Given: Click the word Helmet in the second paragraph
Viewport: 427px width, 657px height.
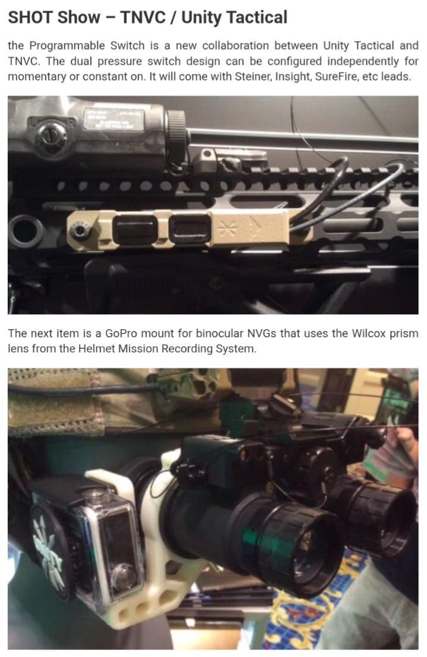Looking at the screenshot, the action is (x=93, y=349).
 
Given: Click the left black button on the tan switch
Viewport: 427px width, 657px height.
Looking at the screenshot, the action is (x=135, y=230).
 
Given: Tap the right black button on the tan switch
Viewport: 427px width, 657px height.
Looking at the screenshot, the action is (x=190, y=229).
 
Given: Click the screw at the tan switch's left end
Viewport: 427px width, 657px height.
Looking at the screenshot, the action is (x=80, y=230).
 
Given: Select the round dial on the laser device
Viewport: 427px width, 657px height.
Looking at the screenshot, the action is (x=51, y=134).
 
